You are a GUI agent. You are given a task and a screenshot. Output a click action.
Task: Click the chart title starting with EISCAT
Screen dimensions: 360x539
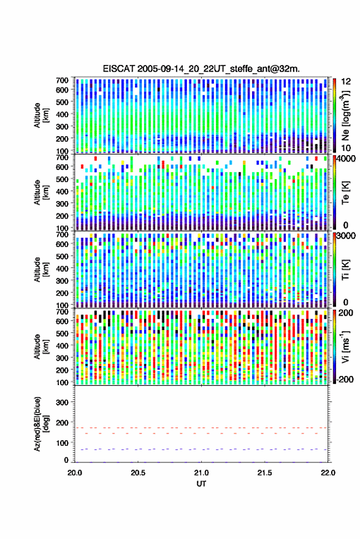[201, 69]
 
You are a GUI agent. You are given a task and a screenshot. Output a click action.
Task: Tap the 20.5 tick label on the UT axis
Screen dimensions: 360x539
[138, 473]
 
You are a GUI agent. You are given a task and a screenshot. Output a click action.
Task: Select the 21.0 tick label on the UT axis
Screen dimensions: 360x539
[201, 473]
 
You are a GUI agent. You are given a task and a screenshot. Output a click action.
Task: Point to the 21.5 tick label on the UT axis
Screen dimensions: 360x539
[264, 473]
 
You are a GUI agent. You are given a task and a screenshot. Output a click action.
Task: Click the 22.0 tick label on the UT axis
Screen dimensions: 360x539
[327, 473]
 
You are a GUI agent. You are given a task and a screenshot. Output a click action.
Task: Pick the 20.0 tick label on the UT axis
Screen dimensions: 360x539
[75, 473]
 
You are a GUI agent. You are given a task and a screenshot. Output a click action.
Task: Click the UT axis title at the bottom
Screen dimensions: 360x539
[201, 484]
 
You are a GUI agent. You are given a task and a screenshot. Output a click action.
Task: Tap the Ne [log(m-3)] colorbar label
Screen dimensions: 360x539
[345, 115]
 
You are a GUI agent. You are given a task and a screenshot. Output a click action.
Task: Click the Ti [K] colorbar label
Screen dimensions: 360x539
[345, 270]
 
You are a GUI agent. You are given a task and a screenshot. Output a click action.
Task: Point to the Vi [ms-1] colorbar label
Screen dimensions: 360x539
[345, 346]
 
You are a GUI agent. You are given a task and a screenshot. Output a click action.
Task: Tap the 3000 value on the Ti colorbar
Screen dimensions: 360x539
[347, 235]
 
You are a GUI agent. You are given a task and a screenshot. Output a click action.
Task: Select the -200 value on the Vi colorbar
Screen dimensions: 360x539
[345, 380]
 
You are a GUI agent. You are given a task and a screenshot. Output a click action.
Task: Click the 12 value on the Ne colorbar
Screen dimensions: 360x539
[347, 82]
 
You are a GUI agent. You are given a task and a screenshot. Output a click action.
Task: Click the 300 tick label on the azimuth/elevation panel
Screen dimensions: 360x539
[62, 402]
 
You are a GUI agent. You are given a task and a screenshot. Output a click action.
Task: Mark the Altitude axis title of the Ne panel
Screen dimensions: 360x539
[41, 115]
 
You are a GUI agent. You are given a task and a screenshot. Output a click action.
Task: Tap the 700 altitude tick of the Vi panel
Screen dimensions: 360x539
[62, 312]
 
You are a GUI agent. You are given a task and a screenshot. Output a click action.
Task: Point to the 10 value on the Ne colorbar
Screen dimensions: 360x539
[347, 148]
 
